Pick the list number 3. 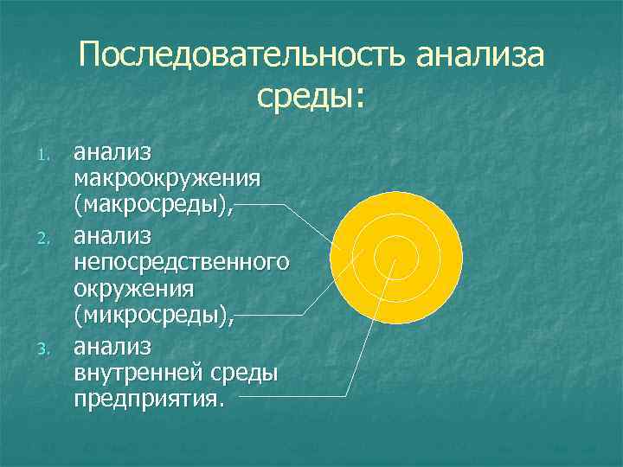[x=48, y=349]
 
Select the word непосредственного [x=181, y=262]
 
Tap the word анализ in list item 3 [x=112, y=346]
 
